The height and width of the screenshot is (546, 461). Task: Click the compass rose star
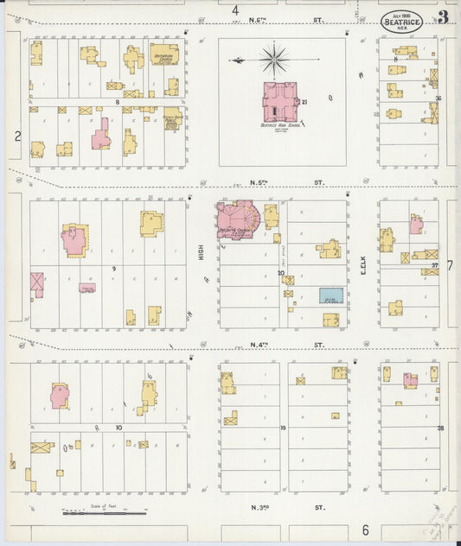274,60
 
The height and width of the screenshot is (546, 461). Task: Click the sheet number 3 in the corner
443,16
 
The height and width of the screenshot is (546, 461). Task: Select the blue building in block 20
330,295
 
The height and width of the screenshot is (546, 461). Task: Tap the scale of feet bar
103,513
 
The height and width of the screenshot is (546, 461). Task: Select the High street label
201,251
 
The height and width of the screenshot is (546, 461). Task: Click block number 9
113,270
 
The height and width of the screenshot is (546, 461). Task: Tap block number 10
118,427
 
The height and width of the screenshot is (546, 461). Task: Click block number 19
282,428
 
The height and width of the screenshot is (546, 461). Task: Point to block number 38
440,428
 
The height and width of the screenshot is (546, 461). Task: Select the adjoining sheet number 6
365,529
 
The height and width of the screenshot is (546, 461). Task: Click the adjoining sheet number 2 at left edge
16,136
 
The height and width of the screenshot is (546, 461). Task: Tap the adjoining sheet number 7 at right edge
450,265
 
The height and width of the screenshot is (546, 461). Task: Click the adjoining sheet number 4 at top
234,10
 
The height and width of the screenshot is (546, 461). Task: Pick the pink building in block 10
59,397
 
